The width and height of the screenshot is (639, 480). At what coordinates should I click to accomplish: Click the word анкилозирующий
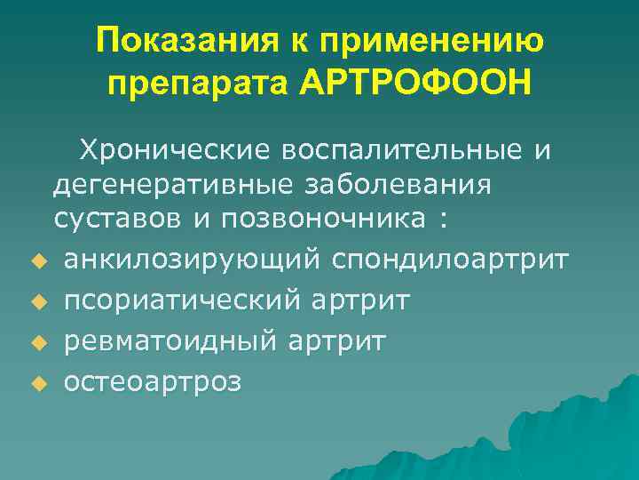(193, 259)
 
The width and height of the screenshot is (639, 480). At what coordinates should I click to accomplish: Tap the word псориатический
(182, 300)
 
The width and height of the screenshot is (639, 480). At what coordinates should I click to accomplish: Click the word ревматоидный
(170, 340)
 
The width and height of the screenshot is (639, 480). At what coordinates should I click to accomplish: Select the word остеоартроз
(153, 382)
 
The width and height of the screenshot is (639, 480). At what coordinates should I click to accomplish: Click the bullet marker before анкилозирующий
(37, 261)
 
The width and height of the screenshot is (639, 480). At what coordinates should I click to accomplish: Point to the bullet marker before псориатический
(37, 302)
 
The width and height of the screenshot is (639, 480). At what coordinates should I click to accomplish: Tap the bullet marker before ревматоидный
(37, 343)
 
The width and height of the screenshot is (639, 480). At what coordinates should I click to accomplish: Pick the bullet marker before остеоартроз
(37, 384)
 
